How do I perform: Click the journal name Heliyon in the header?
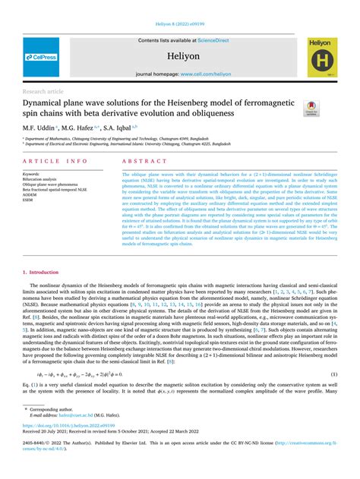[x=180, y=54]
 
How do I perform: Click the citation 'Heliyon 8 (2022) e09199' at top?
[x=180, y=24]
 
